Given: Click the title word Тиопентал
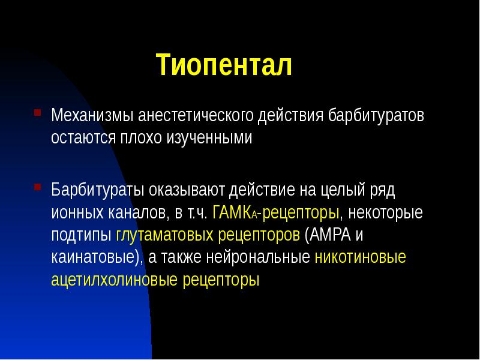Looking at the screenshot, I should tap(224, 65).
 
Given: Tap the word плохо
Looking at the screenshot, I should tap(143, 137).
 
